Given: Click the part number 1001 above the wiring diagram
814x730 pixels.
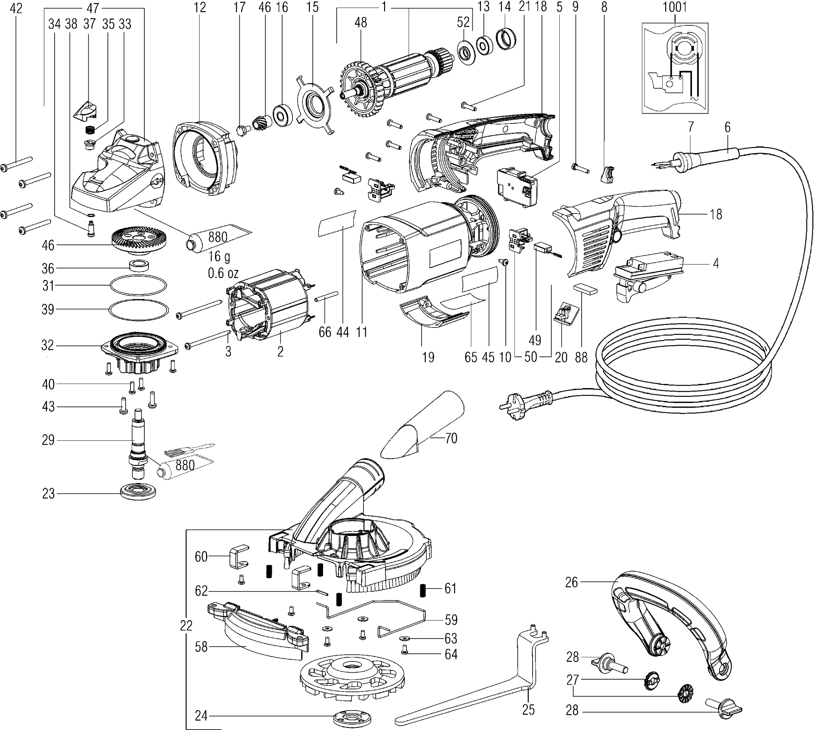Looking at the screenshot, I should pos(675,7).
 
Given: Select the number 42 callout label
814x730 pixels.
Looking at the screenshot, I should pos(16,8).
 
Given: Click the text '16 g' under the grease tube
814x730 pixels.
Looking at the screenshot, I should pos(219,256).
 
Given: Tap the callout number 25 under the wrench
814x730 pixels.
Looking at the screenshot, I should pos(528,709).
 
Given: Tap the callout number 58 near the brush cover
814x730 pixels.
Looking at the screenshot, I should pos(201,647).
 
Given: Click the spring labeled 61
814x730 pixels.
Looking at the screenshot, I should pos(422,590).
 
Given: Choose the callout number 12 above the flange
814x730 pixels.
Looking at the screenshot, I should pos(199,8).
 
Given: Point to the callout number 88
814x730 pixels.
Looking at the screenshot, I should pos(581,356).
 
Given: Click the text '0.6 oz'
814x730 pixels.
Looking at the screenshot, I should pos(223,274).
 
